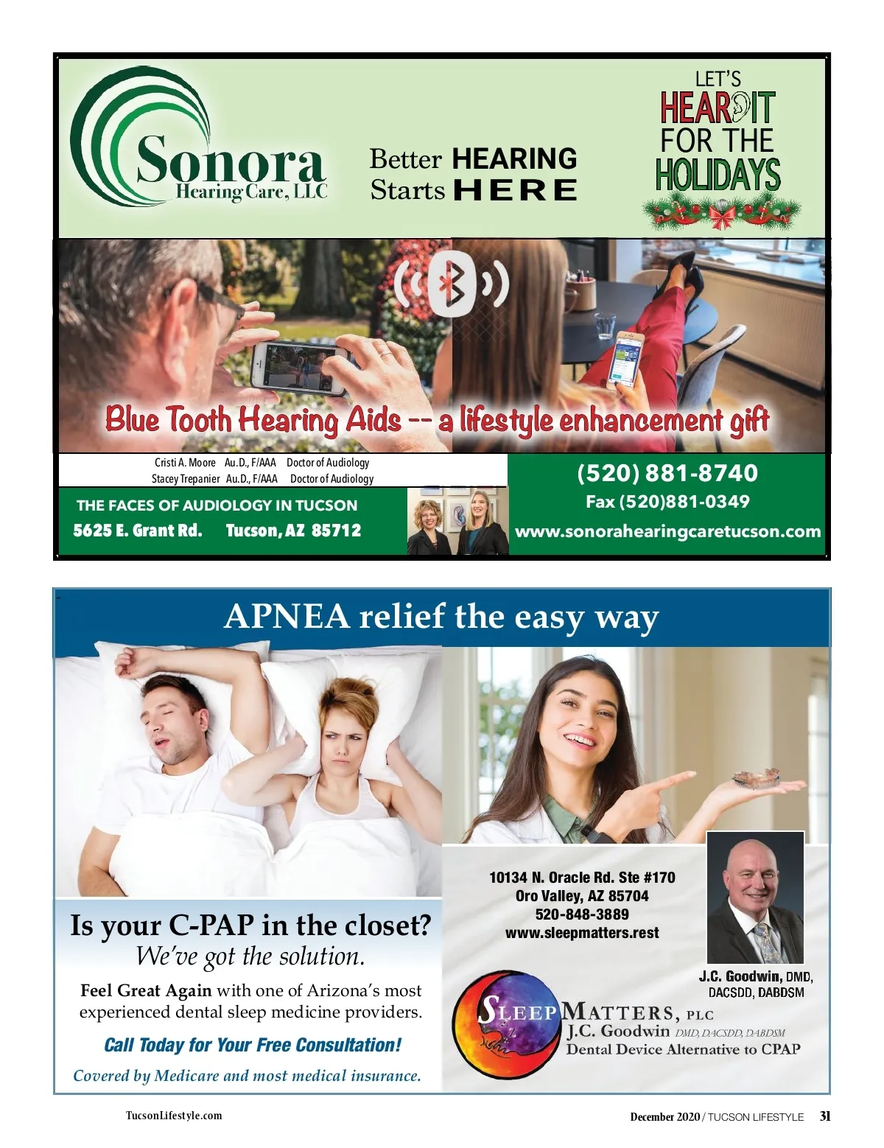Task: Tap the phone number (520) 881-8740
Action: click(667, 473)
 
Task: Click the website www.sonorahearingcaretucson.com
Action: click(667, 531)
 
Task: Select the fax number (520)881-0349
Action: click(667, 502)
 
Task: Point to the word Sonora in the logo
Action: click(230, 160)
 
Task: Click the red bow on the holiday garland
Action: click(721, 216)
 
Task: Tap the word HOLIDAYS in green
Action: click(718, 175)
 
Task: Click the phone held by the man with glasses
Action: click(298, 366)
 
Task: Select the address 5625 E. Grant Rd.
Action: click(138, 531)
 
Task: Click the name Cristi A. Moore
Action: click(185, 463)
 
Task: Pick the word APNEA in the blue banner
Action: click(287, 616)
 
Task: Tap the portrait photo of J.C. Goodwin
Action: click(755, 897)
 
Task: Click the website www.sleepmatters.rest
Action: click(582, 933)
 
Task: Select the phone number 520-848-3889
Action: click(582, 914)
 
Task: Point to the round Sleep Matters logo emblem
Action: click(507, 1025)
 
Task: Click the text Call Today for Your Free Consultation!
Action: click(253, 1045)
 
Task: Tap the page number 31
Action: click(825, 1116)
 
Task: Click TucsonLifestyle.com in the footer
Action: click(174, 1116)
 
